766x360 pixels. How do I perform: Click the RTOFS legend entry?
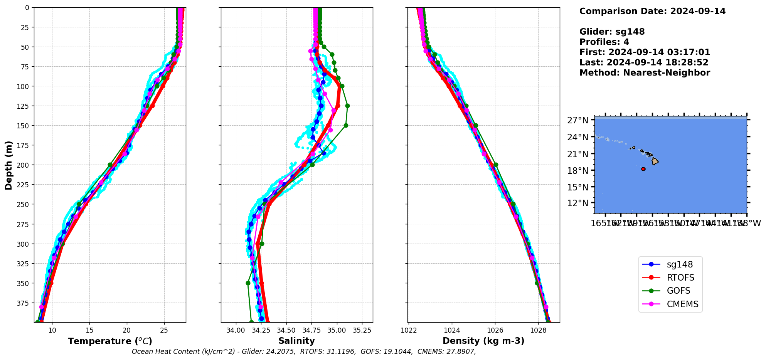point(680,278)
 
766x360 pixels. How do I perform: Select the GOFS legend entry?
point(678,291)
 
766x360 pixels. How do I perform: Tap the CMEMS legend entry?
point(682,304)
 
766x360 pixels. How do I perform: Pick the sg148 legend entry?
point(680,264)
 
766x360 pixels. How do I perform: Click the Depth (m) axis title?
point(8,165)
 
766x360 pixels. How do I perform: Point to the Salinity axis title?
point(296,341)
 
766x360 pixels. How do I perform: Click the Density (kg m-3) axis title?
point(483,341)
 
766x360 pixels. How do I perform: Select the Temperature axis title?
point(110,341)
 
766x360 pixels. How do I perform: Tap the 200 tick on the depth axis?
point(24,165)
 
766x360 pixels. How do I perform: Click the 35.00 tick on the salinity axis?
point(337,330)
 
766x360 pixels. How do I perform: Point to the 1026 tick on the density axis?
point(495,330)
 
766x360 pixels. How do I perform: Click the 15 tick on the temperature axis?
point(89,330)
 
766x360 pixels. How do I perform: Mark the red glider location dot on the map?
point(643,169)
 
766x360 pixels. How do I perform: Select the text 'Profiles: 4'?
point(604,42)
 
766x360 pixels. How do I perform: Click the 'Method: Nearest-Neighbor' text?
point(645,73)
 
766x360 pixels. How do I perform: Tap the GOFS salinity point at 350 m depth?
point(248,283)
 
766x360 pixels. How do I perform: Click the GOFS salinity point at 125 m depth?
point(347,106)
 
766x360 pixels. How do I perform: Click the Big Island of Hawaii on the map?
point(655,161)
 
